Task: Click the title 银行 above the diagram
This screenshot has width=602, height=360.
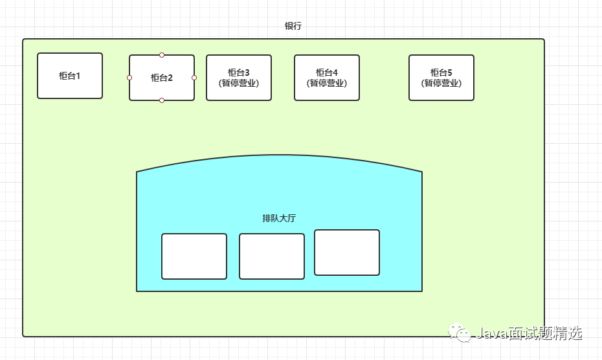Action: pos(293,27)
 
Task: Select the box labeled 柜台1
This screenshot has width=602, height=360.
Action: pos(70,76)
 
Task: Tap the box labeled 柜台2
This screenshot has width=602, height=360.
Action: pos(162,78)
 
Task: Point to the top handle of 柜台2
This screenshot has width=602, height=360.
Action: pos(162,55)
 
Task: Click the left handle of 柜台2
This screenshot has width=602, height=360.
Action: pos(129,78)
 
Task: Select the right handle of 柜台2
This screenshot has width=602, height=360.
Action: pos(194,78)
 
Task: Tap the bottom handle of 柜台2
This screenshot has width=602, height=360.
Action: pos(162,100)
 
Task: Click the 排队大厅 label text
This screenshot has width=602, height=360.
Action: pos(279,218)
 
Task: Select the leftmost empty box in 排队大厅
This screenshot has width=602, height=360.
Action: pos(194,256)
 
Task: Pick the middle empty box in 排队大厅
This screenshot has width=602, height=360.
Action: pos(272,256)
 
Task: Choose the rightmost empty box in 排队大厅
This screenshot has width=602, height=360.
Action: pos(347,253)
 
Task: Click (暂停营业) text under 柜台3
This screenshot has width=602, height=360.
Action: pos(239,83)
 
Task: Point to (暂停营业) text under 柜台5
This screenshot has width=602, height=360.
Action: pos(441,83)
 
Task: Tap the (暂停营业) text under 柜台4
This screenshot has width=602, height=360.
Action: pos(327,83)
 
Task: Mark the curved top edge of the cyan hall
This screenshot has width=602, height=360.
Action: pos(279,156)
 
